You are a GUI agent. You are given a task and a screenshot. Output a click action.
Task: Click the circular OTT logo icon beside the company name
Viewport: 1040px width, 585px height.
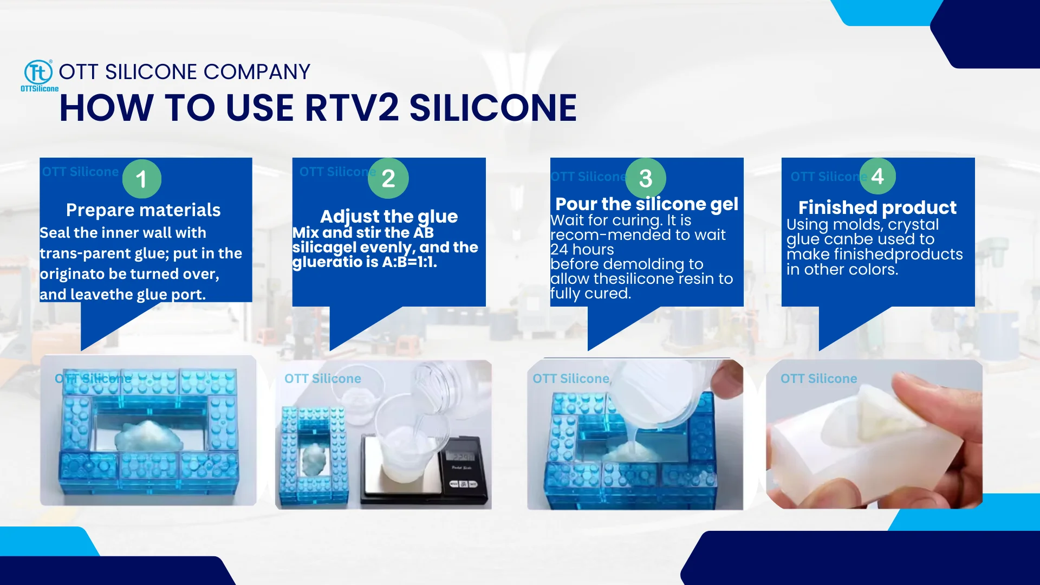click(38, 73)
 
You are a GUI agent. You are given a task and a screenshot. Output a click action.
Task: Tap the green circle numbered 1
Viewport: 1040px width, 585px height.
click(141, 179)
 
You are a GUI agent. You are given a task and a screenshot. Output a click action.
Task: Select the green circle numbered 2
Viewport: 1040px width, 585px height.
click(388, 178)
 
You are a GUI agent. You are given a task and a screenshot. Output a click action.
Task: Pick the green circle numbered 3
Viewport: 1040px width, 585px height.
click(645, 178)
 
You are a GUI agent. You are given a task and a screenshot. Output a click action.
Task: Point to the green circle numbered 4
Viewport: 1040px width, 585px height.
click(877, 176)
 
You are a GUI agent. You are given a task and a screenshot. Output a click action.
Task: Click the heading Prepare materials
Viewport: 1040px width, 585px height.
click(143, 210)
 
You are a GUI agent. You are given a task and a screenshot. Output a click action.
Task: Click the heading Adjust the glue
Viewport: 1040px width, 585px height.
click(388, 217)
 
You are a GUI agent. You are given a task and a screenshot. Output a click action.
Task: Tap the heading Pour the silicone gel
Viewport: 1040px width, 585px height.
click(646, 204)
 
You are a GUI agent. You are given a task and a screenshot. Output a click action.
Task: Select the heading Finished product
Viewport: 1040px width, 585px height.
click(877, 207)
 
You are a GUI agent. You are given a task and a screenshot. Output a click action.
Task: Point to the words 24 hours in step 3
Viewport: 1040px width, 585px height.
click(582, 250)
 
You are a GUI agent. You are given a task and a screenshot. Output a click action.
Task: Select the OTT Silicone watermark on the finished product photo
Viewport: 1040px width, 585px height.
click(818, 379)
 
